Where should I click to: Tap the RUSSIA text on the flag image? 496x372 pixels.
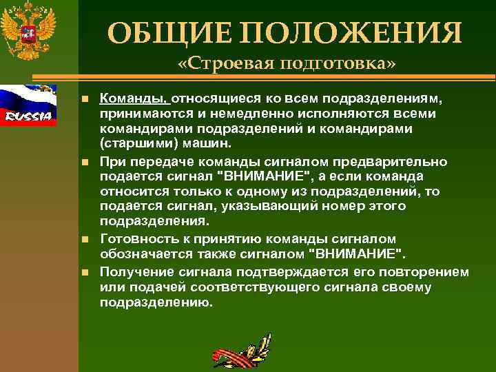[x=28, y=116]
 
